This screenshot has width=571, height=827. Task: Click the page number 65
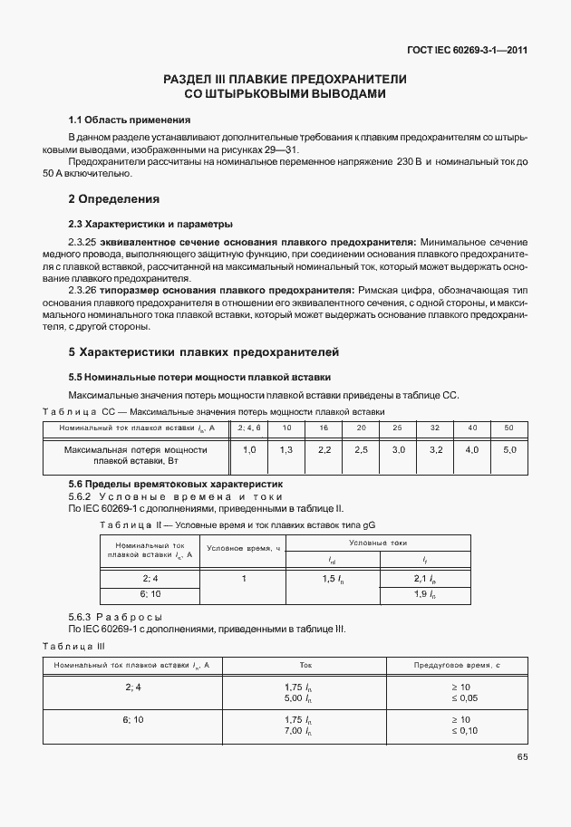click(521, 757)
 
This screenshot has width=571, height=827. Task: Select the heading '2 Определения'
click(113, 198)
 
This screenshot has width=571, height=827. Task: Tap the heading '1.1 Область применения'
click(130, 120)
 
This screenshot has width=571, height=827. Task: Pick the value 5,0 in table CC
click(508, 449)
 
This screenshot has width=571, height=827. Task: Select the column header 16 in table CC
click(324, 427)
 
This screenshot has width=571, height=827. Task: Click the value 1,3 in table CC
click(286, 449)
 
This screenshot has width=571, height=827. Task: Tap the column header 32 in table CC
click(435, 427)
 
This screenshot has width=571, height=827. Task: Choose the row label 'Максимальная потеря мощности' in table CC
click(136, 449)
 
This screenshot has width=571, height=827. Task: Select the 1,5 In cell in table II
click(334, 578)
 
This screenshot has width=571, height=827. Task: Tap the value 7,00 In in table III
click(298, 730)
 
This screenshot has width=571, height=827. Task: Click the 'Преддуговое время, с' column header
click(458, 665)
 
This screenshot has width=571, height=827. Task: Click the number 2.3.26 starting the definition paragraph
click(84, 290)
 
